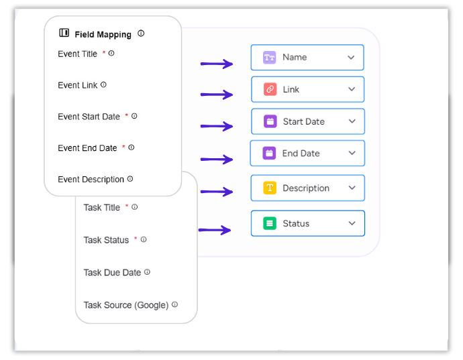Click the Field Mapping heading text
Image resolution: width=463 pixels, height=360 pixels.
103,35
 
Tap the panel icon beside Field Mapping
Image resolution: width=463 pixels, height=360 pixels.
64,33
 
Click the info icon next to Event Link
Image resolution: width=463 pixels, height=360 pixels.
103,84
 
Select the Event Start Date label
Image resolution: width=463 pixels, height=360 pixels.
89,117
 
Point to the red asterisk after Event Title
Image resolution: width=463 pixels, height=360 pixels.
103,53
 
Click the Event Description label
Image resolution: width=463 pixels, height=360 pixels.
91,180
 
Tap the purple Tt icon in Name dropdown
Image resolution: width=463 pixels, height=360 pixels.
269,57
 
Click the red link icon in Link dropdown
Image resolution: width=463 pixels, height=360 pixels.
270,89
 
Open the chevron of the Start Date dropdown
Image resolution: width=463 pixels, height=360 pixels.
352,121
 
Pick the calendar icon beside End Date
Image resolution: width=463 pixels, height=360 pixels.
269,153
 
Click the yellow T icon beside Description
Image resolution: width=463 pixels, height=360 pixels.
270,188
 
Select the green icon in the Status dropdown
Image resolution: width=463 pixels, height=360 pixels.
270,223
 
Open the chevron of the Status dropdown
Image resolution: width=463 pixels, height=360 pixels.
352,223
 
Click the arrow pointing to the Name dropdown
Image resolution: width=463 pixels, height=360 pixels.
217,64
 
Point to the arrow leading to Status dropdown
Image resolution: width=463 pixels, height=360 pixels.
215,230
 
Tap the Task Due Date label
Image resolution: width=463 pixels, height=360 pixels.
112,272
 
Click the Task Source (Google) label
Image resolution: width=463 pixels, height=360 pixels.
126,305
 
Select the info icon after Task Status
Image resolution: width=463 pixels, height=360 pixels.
144,239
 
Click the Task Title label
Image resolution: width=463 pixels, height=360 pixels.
101,207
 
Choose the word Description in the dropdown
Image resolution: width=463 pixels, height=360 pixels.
306,188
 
